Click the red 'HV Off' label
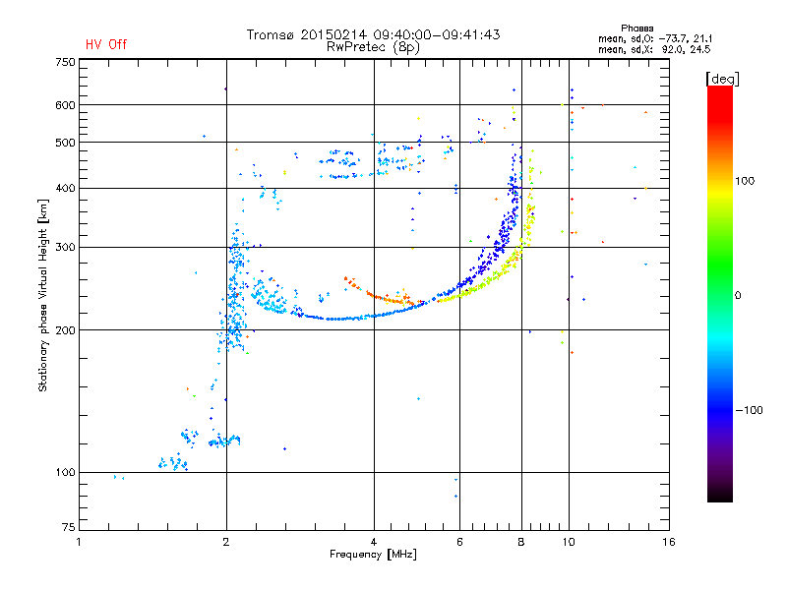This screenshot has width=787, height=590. point(106,44)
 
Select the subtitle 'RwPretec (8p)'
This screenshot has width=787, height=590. point(373,47)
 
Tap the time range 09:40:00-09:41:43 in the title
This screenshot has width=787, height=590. point(437,34)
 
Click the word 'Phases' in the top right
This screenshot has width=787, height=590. point(636,29)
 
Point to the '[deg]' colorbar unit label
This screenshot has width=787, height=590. point(722,79)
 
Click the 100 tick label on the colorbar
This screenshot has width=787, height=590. point(745,181)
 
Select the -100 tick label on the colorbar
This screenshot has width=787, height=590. point(749,410)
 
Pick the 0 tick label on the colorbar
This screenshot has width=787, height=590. point(738,296)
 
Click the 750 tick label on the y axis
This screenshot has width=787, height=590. point(66,62)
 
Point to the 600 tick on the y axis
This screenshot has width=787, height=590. point(66,105)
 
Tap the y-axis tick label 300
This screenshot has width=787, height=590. point(66,248)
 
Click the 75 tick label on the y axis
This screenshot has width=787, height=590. point(69,527)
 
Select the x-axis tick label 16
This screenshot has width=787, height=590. point(669,542)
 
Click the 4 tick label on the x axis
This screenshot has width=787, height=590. point(374,542)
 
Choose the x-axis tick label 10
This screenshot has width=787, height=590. point(569,542)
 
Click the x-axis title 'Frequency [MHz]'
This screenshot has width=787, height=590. point(374,555)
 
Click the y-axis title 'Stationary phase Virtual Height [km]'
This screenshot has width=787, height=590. point(43,295)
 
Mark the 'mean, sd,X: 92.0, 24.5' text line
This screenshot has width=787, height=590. point(654,50)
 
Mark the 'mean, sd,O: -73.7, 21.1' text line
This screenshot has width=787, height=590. point(655,38)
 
